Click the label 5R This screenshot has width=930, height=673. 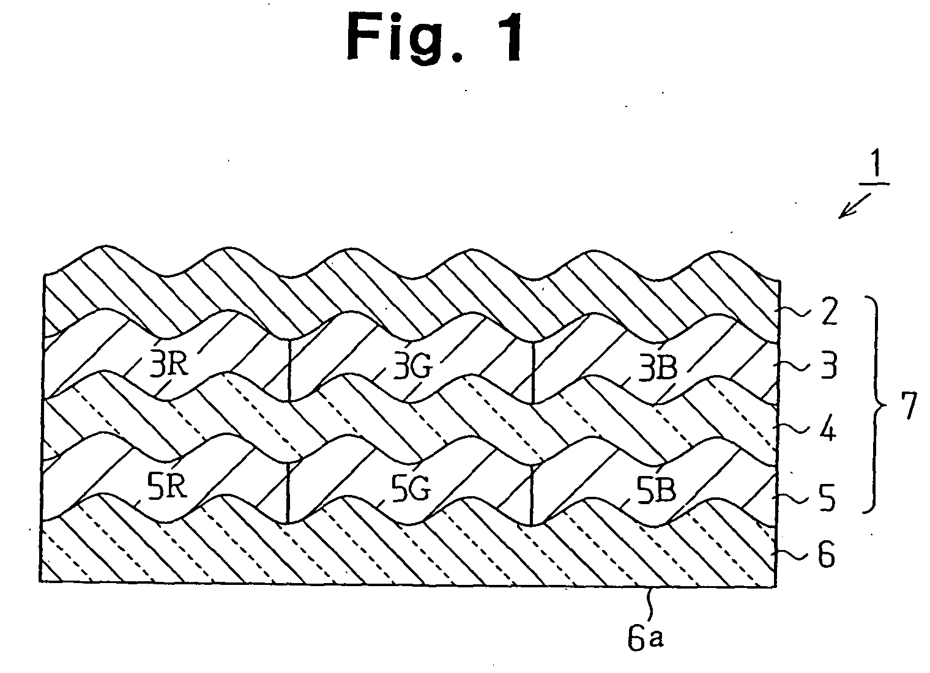(x=167, y=486)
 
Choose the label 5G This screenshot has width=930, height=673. (x=411, y=488)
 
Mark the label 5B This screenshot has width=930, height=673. (x=657, y=489)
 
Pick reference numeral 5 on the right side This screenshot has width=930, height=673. (x=827, y=498)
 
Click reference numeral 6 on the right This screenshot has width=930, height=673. (x=826, y=555)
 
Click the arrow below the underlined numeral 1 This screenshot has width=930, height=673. (x=854, y=206)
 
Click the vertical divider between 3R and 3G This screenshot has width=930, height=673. (x=289, y=370)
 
